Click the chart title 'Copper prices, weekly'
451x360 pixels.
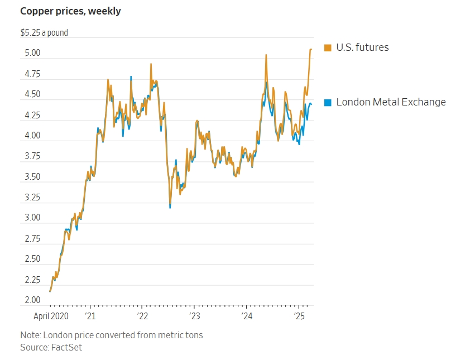pos(70,11)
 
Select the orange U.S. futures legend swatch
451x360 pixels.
pos(328,47)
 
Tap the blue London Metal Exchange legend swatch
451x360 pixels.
pos(328,102)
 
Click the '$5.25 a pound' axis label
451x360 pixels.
pos(44,33)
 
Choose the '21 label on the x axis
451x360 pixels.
pos(90,316)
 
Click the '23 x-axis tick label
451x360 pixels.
pos(195,316)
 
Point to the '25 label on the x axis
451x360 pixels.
pos(299,316)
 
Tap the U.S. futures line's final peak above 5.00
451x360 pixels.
pos(311,50)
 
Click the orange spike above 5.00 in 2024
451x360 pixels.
pos(266,55)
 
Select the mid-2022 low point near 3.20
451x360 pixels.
pos(170,207)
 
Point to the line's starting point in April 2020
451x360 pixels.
pos(50,291)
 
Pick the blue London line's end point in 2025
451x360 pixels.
pos(311,104)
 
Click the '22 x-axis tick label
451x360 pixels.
pos(142,316)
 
